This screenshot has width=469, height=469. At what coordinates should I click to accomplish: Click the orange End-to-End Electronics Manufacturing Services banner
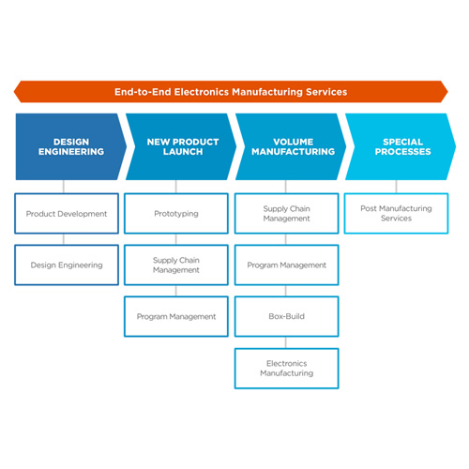tap(231, 92)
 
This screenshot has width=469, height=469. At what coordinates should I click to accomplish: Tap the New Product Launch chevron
tap(181, 146)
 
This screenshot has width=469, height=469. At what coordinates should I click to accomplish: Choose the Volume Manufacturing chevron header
tap(291, 146)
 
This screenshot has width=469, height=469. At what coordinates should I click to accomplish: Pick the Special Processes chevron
tap(401, 146)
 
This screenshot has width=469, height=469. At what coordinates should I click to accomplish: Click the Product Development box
tap(67, 214)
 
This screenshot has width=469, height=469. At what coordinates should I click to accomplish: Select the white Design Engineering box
tap(67, 265)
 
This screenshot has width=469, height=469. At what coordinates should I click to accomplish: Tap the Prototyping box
tap(176, 214)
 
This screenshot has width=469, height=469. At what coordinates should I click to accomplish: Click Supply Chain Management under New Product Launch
tap(176, 265)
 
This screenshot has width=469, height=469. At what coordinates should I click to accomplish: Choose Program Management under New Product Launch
tap(176, 316)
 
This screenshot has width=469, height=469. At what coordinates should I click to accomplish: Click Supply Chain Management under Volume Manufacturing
tap(287, 214)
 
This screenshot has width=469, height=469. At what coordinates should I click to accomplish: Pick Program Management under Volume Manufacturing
tap(287, 265)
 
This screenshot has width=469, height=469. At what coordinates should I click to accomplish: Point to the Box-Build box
tap(287, 316)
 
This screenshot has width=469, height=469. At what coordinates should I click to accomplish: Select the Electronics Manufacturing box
tap(287, 369)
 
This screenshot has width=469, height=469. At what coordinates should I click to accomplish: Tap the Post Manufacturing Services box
tap(397, 214)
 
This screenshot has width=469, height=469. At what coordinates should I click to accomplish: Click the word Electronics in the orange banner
tap(202, 92)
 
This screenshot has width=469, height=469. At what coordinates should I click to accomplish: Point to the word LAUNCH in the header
tap(183, 152)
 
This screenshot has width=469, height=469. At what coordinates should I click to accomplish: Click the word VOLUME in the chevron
tap(294, 142)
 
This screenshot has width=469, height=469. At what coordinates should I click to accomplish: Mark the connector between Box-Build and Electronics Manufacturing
tap(286, 342)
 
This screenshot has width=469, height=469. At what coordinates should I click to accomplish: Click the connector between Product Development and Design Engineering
tap(64, 239)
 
